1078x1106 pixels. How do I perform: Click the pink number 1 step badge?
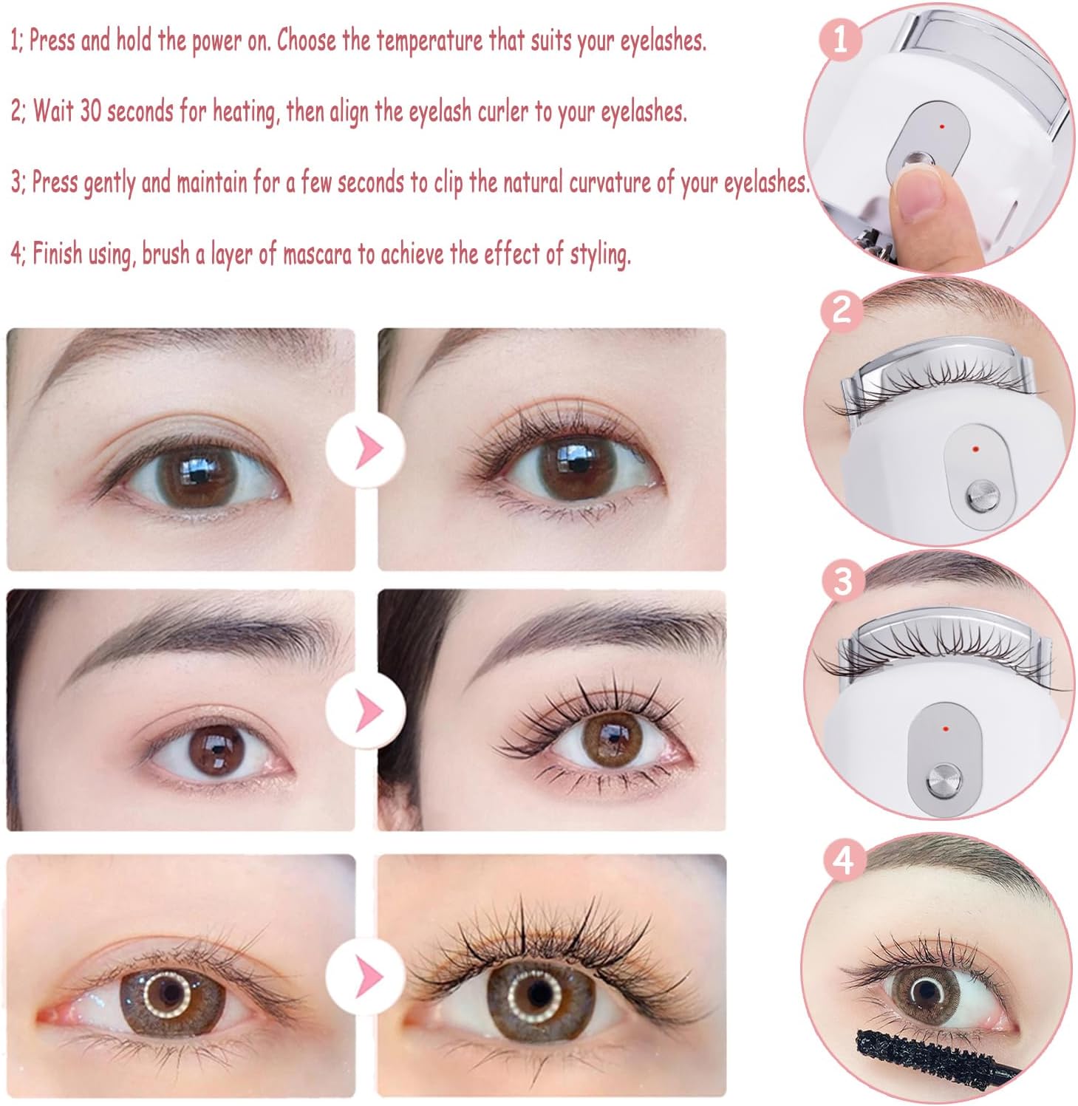(x=840, y=38)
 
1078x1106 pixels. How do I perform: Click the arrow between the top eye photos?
(x=366, y=448)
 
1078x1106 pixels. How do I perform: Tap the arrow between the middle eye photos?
(x=366, y=710)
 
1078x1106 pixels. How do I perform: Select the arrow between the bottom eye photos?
(x=366, y=977)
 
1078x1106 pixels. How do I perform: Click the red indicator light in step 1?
(x=943, y=127)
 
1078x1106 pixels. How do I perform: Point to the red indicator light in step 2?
(x=975, y=448)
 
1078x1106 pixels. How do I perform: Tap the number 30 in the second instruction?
(x=89, y=112)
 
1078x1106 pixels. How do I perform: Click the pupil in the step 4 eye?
(x=924, y=990)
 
